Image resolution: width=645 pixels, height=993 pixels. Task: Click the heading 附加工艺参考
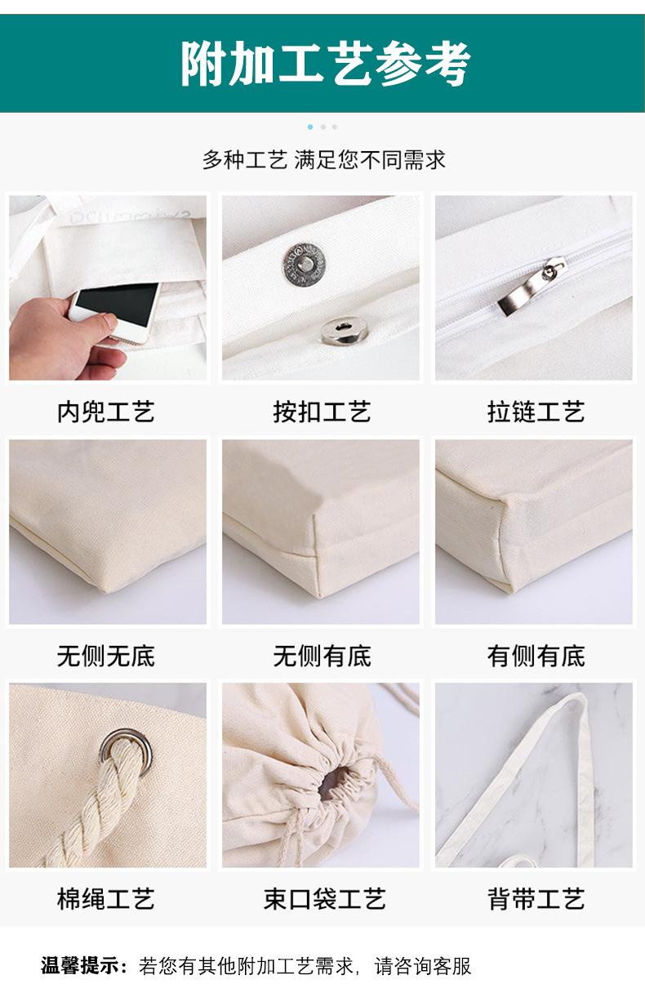point(325,64)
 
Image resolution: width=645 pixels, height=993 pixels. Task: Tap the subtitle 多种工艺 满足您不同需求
point(323,159)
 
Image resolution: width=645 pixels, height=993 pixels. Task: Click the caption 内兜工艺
point(106,412)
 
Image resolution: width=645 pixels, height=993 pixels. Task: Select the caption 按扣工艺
point(322,412)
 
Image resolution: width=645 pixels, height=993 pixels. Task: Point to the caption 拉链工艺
point(536,412)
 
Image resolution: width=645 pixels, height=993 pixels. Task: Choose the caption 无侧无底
point(106,656)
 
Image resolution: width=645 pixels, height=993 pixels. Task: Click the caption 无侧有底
point(322,656)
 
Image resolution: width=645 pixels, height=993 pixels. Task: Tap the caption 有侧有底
point(536,656)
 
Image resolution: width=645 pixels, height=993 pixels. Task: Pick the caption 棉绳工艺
point(106,899)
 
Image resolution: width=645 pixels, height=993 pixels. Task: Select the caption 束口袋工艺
point(323,899)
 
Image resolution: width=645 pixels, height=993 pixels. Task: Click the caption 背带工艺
point(536,899)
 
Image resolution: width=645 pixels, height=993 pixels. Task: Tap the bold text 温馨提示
point(83,966)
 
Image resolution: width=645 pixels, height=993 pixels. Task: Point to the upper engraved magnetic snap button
point(301,260)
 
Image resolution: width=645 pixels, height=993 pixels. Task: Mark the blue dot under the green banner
point(310,127)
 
